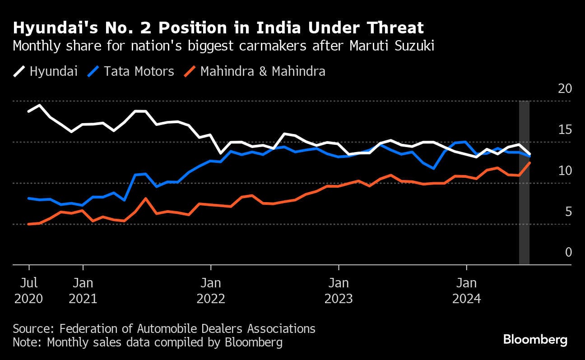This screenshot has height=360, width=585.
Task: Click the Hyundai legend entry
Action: pos(45,71)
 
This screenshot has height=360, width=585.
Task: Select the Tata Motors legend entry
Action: pos(131,71)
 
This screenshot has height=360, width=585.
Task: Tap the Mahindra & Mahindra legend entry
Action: pos(255,71)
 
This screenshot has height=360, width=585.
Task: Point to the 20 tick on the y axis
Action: pos(565,88)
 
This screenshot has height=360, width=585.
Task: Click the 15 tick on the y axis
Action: pos(565,129)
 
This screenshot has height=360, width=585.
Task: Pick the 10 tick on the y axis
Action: pos(565,171)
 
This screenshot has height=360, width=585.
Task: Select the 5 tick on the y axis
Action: pos(568,212)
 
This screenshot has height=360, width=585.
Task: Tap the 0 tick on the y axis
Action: pos(568,252)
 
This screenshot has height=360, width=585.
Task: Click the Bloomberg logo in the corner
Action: pos(535,340)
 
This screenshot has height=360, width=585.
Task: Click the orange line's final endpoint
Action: pos(529,162)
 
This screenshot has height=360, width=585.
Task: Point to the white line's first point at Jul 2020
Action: pos(29,111)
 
